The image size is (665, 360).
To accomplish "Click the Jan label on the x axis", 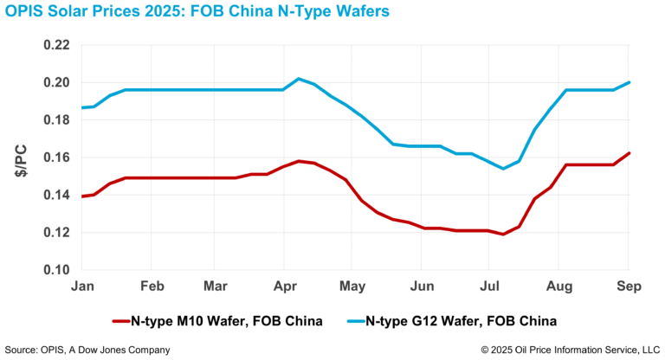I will point(84,286).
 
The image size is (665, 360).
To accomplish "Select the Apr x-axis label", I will point(284,286).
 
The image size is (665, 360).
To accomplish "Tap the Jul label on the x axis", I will point(489,286).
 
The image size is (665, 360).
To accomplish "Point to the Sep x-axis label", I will point(628,286).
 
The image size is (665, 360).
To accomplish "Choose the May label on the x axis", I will point(352,286).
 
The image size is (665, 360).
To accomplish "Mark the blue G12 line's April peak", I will point(299,79).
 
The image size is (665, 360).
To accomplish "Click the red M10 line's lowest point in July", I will point(503,234).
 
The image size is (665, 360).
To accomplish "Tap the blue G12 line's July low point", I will point(503,168).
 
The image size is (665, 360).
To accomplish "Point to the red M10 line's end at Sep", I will point(628,153).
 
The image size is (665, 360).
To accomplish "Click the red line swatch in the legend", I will point(128,321).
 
